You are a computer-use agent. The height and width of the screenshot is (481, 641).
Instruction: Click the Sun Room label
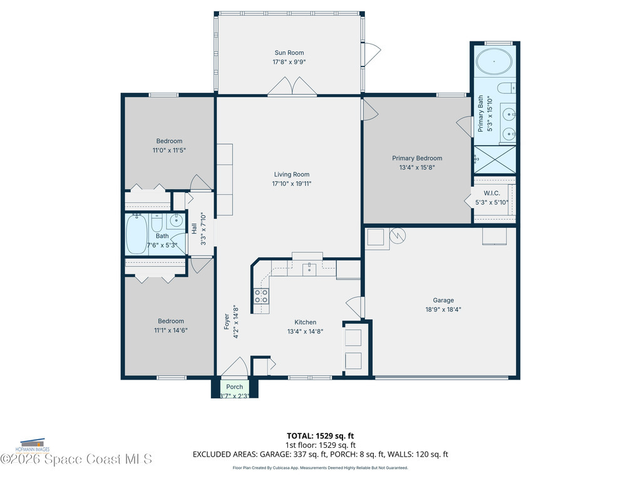pyautogui.click(x=289, y=53)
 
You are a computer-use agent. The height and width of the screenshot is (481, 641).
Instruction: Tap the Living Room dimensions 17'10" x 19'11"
pyautogui.click(x=292, y=184)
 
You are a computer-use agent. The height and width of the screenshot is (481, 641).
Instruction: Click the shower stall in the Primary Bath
pyautogui.click(x=495, y=159)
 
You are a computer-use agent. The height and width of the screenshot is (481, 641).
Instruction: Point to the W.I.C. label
pyautogui.click(x=491, y=193)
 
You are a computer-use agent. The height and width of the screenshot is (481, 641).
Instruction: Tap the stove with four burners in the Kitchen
pyautogui.click(x=261, y=296)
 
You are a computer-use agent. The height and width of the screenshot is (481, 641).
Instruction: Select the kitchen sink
pyautogui.click(x=309, y=269)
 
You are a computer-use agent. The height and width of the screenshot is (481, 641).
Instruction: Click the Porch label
pyautogui.click(x=235, y=386)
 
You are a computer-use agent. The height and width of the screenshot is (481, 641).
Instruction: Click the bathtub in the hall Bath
pyautogui.click(x=136, y=234)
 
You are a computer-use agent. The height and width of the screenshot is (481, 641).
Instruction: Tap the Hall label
pyautogui.click(x=195, y=228)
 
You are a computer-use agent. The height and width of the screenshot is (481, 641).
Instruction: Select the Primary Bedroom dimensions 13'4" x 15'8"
pyautogui.click(x=417, y=167)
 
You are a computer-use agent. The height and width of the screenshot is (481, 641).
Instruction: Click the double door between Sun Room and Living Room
pyautogui.click(x=292, y=87)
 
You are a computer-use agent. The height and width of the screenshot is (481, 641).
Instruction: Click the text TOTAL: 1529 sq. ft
pyautogui.click(x=320, y=435)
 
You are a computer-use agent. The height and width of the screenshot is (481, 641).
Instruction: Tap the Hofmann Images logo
pyautogui.click(x=34, y=445)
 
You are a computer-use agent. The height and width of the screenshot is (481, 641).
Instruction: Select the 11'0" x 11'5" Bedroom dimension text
pyautogui.click(x=170, y=150)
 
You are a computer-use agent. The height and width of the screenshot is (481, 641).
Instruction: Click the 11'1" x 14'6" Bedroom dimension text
pyautogui.click(x=171, y=330)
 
